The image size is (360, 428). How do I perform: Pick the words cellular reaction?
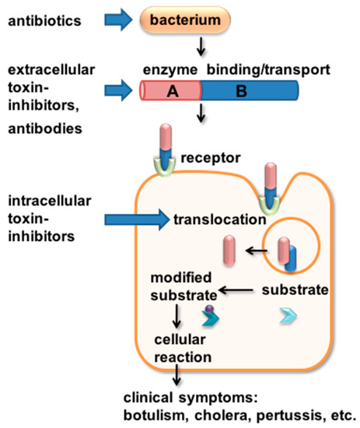click(x=183, y=349)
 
